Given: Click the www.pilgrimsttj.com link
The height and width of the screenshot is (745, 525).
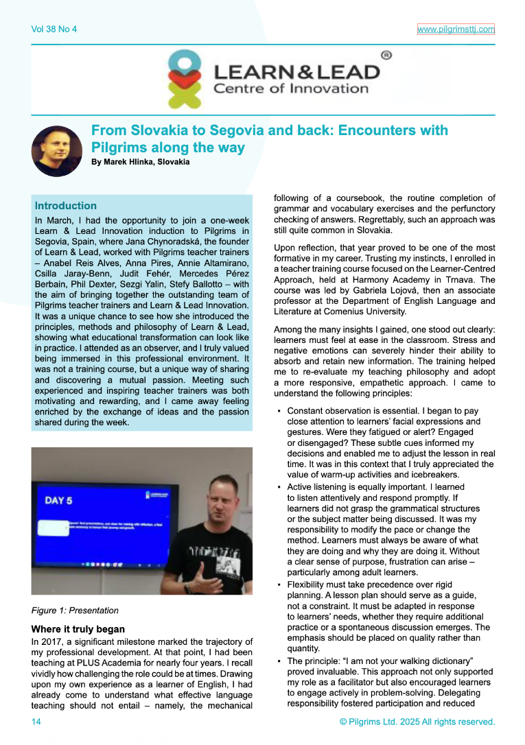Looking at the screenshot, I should tap(456, 29).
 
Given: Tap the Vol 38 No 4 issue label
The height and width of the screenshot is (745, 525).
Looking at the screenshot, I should tap(54, 29).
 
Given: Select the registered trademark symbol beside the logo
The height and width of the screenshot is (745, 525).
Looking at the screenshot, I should tap(386, 54).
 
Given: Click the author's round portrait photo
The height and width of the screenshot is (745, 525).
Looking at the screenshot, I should tap(57, 150).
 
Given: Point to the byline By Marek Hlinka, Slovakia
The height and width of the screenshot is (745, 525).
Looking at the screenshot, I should tap(140, 162).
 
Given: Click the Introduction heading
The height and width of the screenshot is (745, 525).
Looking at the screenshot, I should tap(66, 206).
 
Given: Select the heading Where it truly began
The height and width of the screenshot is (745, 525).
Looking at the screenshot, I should tap(78, 628).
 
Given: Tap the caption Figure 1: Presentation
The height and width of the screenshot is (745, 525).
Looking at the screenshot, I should tap(75, 610).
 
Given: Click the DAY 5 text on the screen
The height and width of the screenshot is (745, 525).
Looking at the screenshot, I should tap(59, 500).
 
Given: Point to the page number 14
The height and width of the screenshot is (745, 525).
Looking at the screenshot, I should tap(36, 722).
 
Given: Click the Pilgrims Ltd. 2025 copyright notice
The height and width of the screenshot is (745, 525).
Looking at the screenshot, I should tap(417, 722).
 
